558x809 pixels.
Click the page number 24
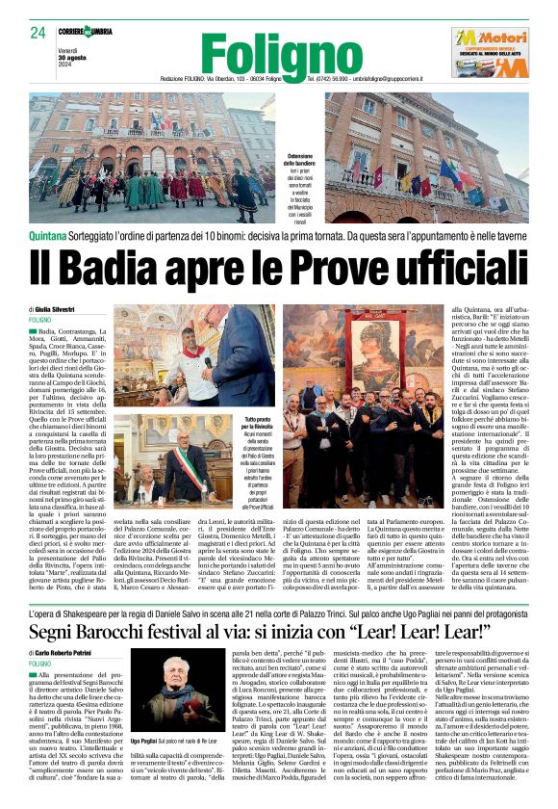coord(39,33)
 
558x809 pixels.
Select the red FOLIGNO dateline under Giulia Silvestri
coord(41,320)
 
